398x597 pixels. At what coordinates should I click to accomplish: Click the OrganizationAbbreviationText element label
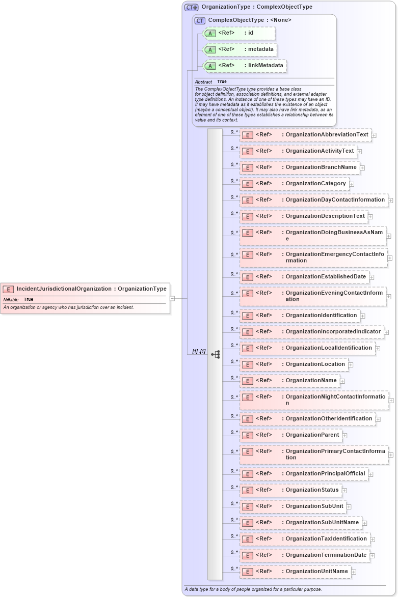pos(327,135)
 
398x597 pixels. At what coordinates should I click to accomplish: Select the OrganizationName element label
pos(311,381)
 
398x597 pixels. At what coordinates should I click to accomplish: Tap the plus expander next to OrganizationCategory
pos(352,184)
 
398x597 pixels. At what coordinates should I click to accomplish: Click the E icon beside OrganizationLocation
pos(247,364)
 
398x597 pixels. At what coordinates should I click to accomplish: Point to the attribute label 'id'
pos(251,33)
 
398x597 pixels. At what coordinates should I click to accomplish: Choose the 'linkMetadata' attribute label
pos(266,66)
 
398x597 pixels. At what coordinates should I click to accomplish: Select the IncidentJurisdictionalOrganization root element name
pos(64,289)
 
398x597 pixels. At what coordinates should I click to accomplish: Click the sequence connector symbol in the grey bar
pos(215,354)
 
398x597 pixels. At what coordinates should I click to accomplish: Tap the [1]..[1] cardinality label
pos(199,351)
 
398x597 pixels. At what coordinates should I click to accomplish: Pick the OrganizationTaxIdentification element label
pos(326,539)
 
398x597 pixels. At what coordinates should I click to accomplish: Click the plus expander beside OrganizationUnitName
pos(354,572)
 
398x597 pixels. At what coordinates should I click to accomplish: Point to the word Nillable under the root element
pos(11,300)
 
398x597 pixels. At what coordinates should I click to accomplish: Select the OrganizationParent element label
pos(312,435)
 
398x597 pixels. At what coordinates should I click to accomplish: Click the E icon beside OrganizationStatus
pos(247,491)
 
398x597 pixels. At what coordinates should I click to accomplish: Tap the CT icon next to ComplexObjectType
pos(200,20)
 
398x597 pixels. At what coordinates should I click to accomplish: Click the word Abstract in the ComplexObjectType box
pos(203,82)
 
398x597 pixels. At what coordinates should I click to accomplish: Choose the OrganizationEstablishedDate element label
pos(326,277)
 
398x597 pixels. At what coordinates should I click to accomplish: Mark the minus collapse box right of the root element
pos(172,298)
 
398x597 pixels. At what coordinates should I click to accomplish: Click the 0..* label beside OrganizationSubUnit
pos(234,503)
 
